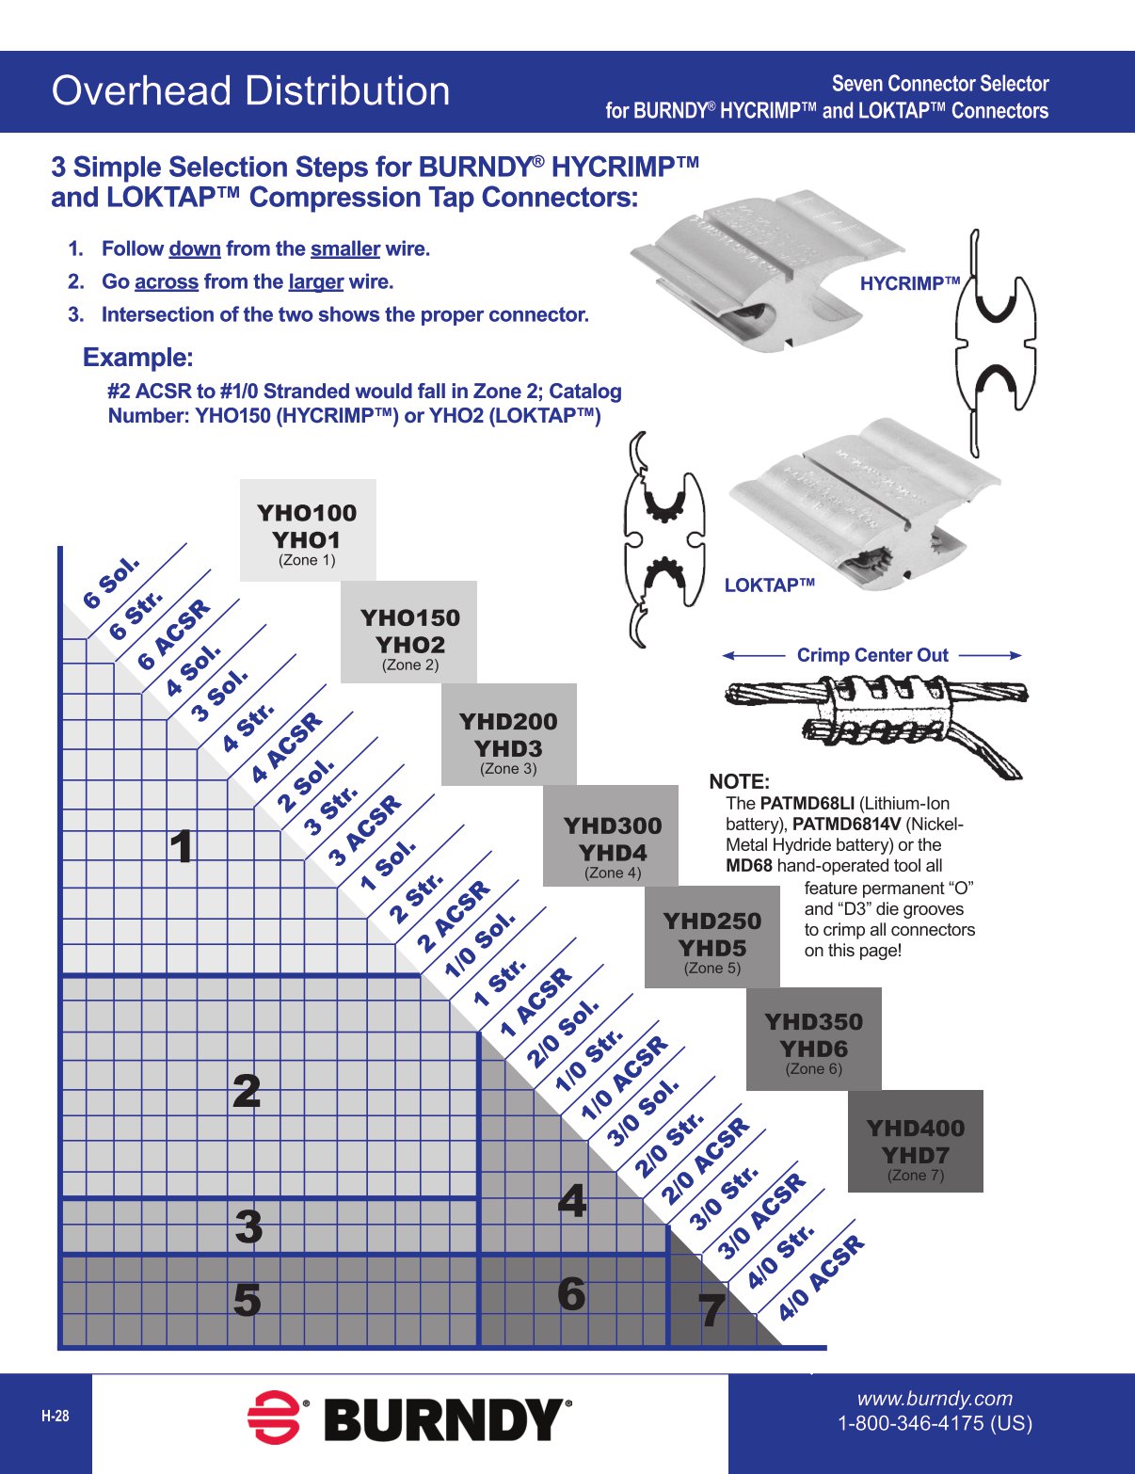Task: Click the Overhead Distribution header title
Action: pyautogui.click(x=250, y=91)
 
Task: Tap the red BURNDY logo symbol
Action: pyautogui.click(x=273, y=1417)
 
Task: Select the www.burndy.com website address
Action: pyautogui.click(x=934, y=1399)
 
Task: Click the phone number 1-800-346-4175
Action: pyautogui.click(x=935, y=1423)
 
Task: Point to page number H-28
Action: pyautogui.click(x=55, y=1417)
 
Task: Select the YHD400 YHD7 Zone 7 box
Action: pyautogui.click(x=915, y=1142)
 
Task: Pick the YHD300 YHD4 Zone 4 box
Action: pyautogui.click(x=612, y=836)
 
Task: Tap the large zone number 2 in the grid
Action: pyautogui.click(x=247, y=1092)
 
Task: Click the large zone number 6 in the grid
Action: pyautogui.click(x=571, y=1294)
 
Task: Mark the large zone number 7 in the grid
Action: pyautogui.click(x=711, y=1309)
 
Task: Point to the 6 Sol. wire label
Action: pyautogui.click(x=111, y=583)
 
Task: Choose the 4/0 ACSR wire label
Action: pyautogui.click(x=821, y=1278)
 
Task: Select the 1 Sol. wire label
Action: pyautogui.click(x=388, y=865)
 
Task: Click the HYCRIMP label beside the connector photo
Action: pyautogui.click(x=909, y=283)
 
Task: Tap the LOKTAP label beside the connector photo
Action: pyautogui.click(x=769, y=585)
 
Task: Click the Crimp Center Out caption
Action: pyautogui.click(x=872, y=655)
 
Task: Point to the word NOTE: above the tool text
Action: pyautogui.click(x=739, y=781)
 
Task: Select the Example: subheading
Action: pyautogui.click(x=138, y=358)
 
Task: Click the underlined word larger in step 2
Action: pyautogui.click(x=315, y=281)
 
